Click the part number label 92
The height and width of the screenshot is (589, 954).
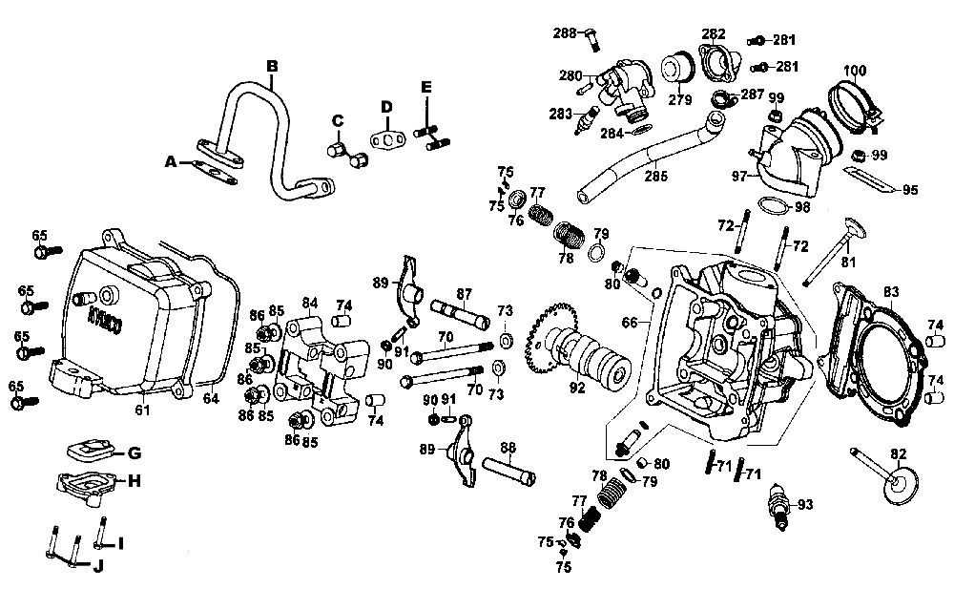coord(576,388)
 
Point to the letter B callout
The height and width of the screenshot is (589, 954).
coord(272,66)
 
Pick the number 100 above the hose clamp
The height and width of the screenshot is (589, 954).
coord(856,71)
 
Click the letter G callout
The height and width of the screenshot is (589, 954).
coord(134,452)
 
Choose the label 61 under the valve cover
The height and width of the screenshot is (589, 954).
coord(141,410)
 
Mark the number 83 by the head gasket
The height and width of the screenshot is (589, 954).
coord(891,291)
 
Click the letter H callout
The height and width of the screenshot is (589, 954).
coord(134,480)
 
